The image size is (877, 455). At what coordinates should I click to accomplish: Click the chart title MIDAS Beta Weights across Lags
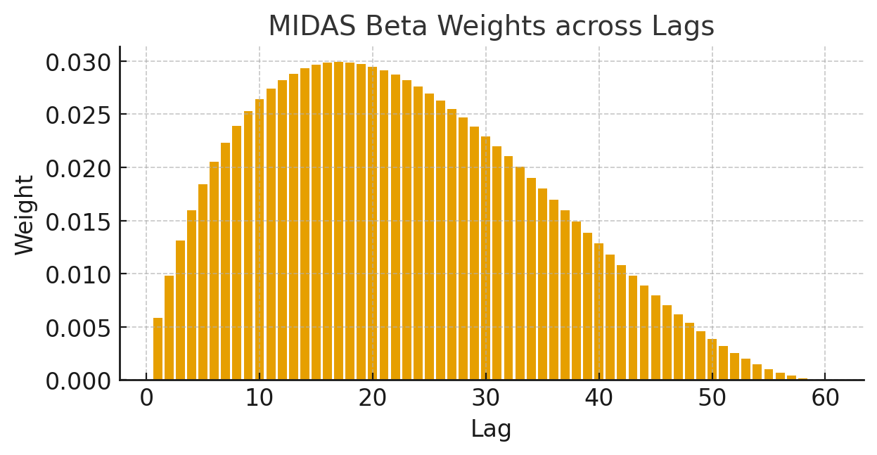tap(491, 27)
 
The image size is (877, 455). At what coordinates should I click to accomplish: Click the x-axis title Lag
tap(491, 428)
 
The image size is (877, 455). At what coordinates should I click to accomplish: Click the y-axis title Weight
tap(25, 215)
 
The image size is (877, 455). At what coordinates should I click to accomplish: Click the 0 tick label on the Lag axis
tap(146, 399)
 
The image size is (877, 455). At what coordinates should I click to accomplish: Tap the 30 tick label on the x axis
tap(486, 399)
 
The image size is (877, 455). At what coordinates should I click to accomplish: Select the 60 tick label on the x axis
tap(825, 399)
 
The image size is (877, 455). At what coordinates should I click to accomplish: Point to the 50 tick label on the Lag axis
tap(712, 399)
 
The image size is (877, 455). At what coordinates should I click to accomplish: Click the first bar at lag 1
tap(158, 350)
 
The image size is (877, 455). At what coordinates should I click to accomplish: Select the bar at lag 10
tap(260, 240)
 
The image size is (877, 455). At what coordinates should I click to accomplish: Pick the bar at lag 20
tap(373, 224)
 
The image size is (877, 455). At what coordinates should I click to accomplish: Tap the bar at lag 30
tap(486, 258)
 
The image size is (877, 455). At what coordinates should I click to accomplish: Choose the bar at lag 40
tap(599, 312)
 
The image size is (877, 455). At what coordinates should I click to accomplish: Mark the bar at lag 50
tap(712, 360)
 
